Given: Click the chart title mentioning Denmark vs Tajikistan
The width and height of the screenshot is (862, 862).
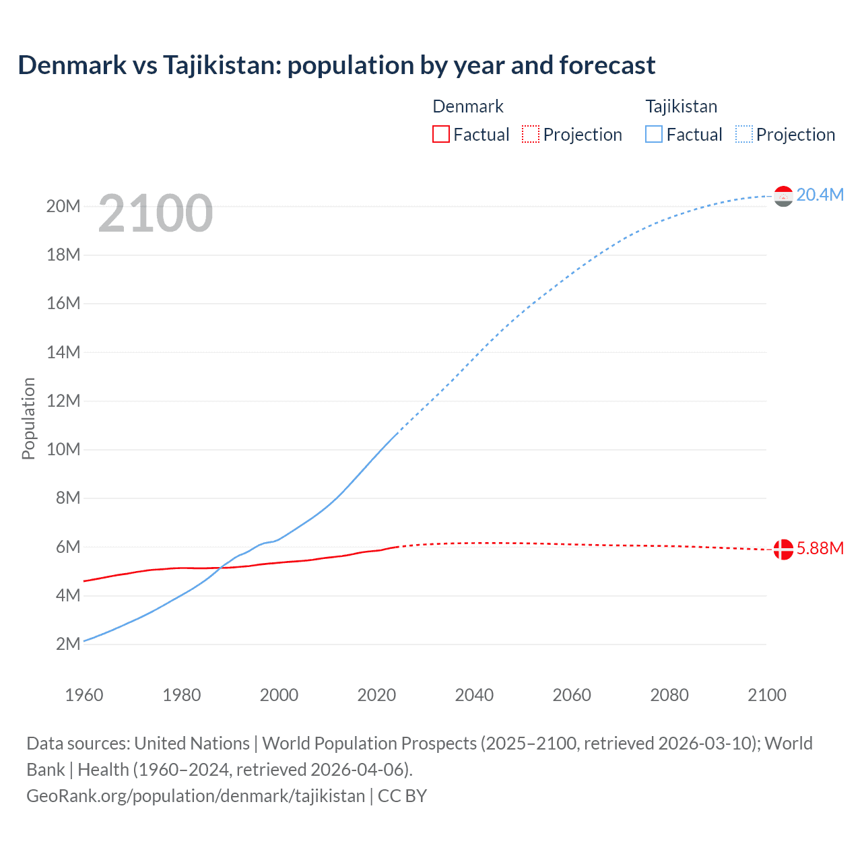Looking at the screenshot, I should [x=336, y=65].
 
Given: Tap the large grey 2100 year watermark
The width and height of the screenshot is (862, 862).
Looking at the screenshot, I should [x=156, y=213].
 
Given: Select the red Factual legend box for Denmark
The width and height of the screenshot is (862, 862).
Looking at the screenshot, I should [x=440, y=134].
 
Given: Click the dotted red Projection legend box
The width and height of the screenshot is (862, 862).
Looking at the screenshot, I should [x=531, y=134].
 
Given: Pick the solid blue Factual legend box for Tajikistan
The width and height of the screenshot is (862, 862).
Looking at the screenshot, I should [x=653, y=134].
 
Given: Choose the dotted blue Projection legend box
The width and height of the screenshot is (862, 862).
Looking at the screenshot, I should [x=743, y=134].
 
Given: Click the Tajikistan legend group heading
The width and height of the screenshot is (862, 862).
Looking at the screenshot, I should [x=681, y=106].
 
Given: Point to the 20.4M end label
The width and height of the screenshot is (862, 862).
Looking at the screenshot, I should [x=820, y=195].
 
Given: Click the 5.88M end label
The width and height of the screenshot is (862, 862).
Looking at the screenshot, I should [x=820, y=548].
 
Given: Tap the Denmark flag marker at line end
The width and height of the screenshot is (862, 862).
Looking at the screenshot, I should [x=783, y=550].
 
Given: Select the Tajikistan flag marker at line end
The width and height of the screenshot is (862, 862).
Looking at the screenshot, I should [x=783, y=196].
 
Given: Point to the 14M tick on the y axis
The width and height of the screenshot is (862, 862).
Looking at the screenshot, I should [x=63, y=352].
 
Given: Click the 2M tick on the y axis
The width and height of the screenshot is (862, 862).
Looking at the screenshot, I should [x=68, y=644].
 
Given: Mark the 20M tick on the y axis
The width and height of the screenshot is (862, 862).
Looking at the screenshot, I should [x=63, y=206].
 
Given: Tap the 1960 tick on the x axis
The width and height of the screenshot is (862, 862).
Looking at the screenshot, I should [x=84, y=695].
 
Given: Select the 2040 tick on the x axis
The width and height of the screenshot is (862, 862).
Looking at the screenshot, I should [x=474, y=695].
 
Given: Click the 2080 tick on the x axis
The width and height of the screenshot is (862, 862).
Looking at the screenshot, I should [x=669, y=695].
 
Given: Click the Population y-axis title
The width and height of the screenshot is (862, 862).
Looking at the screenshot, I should [x=28, y=418].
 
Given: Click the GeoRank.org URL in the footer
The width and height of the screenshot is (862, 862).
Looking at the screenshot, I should [x=195, y=796].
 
